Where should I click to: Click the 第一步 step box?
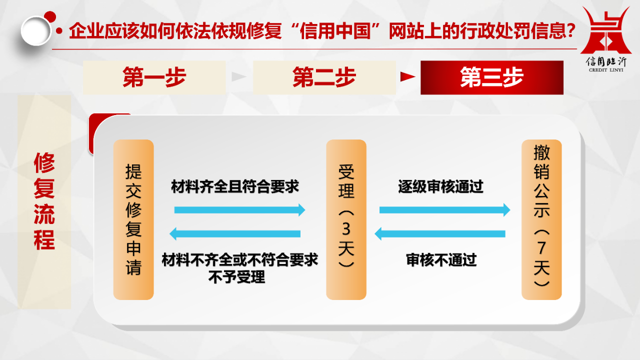(154, 77)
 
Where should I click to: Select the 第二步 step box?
(324, 77)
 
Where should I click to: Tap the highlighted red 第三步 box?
(492, 77)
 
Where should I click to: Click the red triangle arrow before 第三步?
(407, 76)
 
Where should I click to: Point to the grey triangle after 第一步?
(239, 76)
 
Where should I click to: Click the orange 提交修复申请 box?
(133, 219)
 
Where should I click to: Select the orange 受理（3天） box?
(346, 219)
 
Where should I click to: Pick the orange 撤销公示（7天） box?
(541, 219)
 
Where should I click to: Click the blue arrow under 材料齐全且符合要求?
(239, 210)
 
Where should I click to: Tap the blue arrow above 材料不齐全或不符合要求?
(235, 233)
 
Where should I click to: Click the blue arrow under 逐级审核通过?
(445, 210)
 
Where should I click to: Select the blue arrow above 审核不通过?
(440, 233)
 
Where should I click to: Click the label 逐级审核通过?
(440, 186)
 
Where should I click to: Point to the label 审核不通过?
(441, 260)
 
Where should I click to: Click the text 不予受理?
(237, 276)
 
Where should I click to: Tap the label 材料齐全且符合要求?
(235, 186)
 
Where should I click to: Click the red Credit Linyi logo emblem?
(606, 31)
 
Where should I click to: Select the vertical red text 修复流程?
(44, 201)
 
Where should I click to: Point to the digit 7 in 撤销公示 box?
(541, 247)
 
